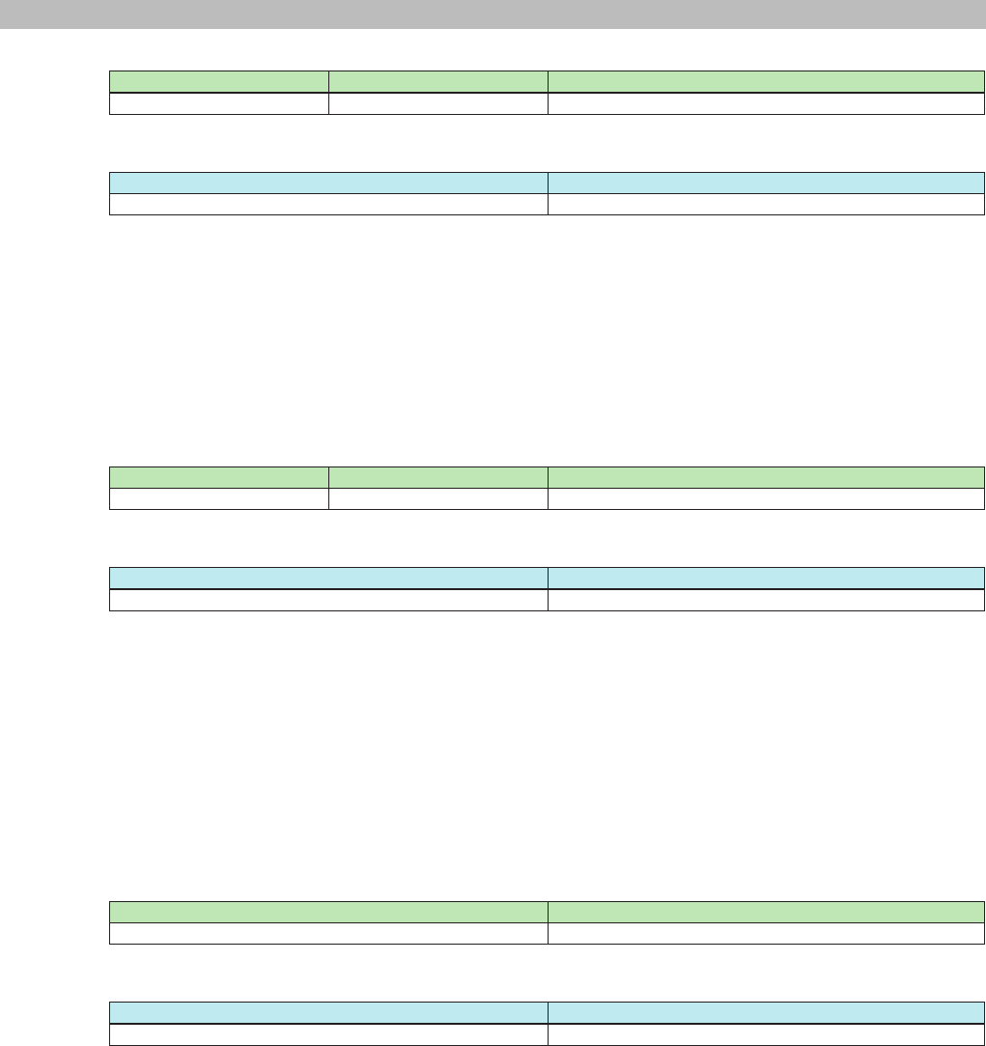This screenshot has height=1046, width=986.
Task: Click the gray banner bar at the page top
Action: point(493,14)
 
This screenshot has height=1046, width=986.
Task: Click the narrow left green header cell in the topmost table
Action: point(219,82)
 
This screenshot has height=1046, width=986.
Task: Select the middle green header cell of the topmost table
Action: point(438,82)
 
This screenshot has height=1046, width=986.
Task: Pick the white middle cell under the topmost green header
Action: point(438,103)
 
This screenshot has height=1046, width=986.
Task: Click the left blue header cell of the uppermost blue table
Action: point(328,183)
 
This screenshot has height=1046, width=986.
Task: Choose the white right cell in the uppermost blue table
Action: point(766,204)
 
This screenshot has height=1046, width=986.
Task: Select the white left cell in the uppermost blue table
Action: point(328,204)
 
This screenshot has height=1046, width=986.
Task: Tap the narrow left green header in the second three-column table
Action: point(219,477)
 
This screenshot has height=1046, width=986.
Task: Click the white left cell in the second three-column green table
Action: point(219,498)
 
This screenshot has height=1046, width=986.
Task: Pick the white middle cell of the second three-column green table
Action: point(438,498)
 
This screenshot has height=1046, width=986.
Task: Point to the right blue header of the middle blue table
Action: point(766,578)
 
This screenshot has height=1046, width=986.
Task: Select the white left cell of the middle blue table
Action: point(328,600)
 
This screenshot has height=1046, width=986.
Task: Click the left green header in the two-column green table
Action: point(328,912)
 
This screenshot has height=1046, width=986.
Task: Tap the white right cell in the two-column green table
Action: point(766,933)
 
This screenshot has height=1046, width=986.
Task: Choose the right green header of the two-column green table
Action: point(766,912)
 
